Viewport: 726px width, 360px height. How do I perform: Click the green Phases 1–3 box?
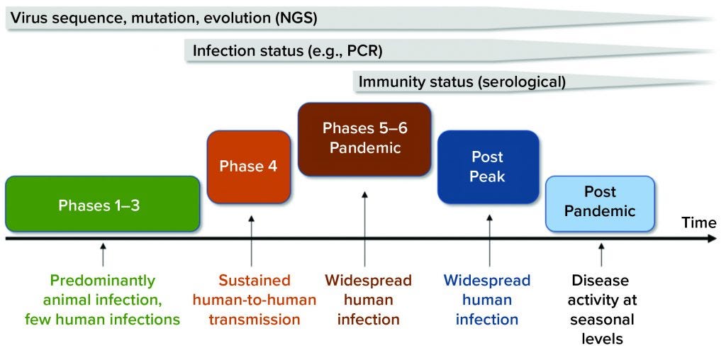pos(102,205)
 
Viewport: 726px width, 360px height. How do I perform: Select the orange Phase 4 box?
pos(247,167)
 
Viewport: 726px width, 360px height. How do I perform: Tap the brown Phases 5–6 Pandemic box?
pos(364,139)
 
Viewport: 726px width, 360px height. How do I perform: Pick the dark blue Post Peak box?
pos(487,167)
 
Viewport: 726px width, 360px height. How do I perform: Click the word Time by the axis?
pos(698,223)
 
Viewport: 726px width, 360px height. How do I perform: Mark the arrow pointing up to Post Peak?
pos(489,237)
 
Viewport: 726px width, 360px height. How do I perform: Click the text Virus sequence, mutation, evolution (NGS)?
pos(164,18)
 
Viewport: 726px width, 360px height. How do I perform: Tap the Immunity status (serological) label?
pos(462,81)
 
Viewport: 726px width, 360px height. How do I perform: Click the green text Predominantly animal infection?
pos(103,300)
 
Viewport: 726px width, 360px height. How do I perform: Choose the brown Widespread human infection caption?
pos(368,300)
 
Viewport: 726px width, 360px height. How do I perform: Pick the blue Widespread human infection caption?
pos(487,300)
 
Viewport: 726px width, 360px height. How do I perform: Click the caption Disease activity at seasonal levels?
pos(602,310)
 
